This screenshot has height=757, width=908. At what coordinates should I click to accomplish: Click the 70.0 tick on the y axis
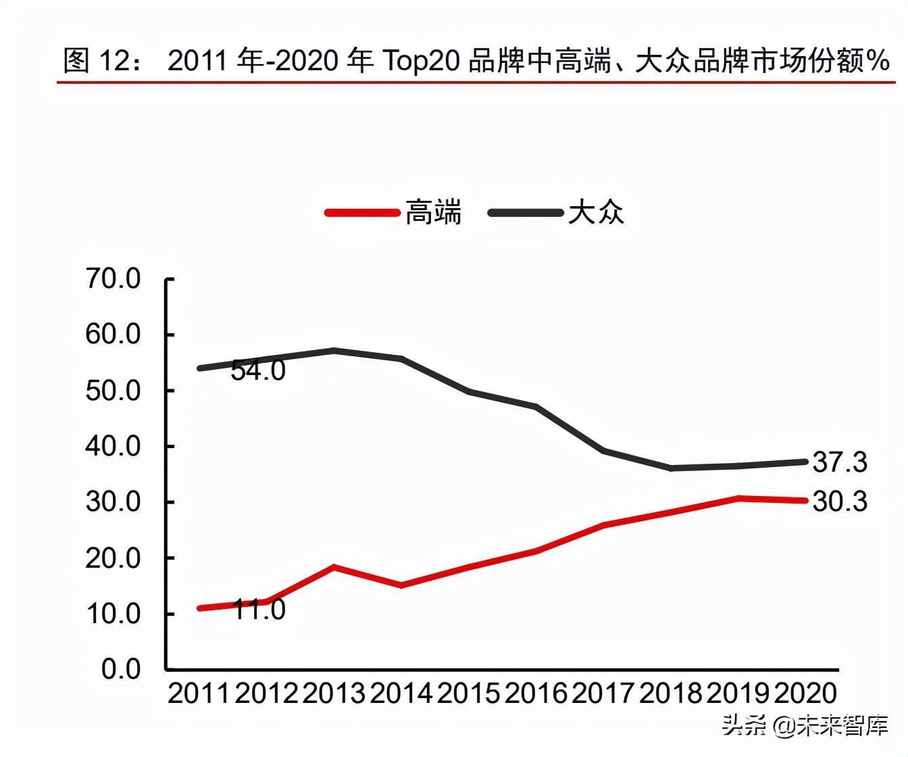113,278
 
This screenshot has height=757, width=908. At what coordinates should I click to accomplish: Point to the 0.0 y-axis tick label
121,669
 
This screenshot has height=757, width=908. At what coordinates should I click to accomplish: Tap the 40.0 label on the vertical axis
113,446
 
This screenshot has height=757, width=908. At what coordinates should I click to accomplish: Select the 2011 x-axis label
199,693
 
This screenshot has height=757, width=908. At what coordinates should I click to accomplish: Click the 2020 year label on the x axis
805,693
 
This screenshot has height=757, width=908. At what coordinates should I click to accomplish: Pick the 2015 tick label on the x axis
469,693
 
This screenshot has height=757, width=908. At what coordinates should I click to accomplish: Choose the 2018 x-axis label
671,693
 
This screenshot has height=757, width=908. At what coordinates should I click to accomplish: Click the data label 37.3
840,462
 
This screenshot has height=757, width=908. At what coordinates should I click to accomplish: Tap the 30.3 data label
840,502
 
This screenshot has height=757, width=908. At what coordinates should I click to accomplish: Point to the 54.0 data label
258,370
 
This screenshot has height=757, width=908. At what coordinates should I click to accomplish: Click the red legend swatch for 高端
362,213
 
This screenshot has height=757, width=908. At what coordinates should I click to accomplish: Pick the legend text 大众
596,213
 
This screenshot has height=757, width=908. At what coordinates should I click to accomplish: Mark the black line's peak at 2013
334,350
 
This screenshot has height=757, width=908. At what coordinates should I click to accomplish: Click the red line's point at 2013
334,567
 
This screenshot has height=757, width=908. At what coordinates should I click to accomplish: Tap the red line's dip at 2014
401,585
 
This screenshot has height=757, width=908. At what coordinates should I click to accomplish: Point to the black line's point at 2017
603,450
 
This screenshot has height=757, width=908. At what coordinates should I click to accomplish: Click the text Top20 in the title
422,61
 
